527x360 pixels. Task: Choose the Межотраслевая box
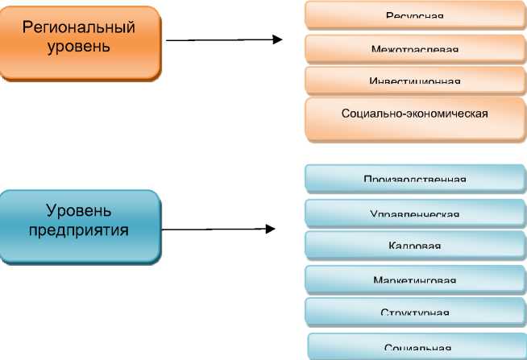[414, 48]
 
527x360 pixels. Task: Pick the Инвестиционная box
[414, 81]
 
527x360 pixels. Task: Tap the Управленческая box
[414, 213]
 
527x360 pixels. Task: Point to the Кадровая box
[414, 245]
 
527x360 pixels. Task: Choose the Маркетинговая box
[414, 279]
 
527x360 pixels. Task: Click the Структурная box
[414, 311]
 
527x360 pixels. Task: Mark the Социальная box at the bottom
[417, 346]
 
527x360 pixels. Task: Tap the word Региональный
[79, 28]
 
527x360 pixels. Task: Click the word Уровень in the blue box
[79, 212]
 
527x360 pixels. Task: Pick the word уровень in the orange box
[79, 46]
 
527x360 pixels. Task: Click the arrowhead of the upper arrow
[278, 39]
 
